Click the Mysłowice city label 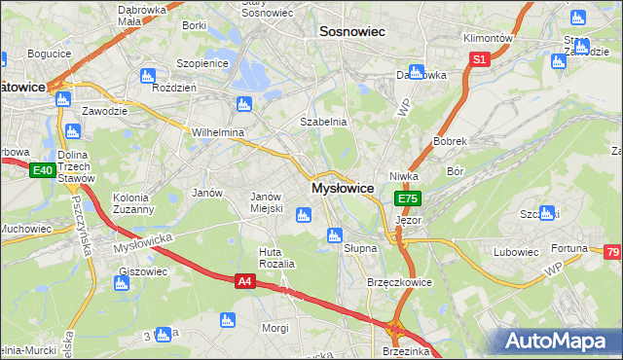tap(342, 188)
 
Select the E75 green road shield tap(407, 198)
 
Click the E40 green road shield tap(41, 171)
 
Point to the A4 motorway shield tap(246, 281)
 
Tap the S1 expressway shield tap(478, 60)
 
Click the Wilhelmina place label tap(217, 132)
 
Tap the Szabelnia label tap(322, 123)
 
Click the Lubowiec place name tap(516, 252)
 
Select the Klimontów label tap(489, 37)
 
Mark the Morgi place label tap(275, 328)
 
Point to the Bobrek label tap(451, 141)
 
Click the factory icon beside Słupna tap(335, 234)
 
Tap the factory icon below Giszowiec tap(122, 284)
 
